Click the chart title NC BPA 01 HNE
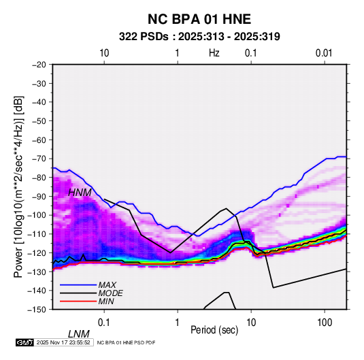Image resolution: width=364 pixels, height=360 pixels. coord(199,19)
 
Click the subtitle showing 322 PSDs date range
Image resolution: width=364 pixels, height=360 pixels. coord(199,37)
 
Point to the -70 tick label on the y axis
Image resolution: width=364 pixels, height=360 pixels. coord(39,159)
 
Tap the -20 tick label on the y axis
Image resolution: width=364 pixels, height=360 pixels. coord(39,65)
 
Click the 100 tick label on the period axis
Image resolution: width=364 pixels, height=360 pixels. coord(325,323)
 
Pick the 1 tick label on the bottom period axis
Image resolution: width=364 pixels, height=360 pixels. coord(178,323)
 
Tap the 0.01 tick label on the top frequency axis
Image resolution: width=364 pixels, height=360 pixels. coord(324,53)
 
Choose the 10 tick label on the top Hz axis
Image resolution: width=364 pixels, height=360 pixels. coord(104,53)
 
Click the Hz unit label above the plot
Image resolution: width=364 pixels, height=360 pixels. coord(214,53)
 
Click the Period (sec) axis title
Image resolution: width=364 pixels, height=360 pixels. coord(214,330)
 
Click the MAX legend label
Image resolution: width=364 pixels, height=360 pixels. coord(107,285)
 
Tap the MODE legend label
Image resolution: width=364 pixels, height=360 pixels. coord(110,293)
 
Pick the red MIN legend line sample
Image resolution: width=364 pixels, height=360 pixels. coord(78,301)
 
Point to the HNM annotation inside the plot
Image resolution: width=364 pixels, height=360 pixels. coord(80,193)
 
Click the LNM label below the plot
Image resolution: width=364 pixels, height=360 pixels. coord(78,334)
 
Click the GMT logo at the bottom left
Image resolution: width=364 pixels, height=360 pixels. coord(25,342)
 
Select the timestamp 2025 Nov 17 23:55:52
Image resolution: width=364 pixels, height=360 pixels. coord(63,342)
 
